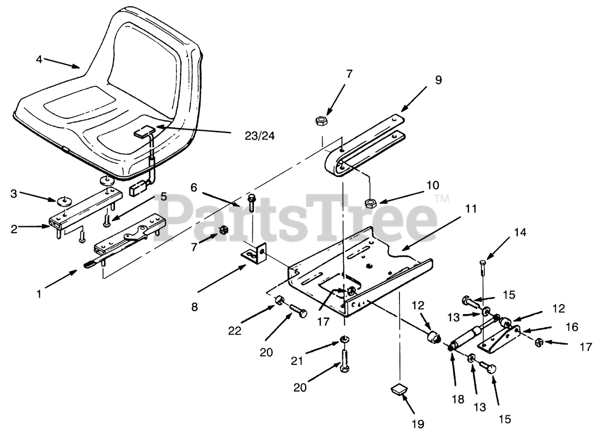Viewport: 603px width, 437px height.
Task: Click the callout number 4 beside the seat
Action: pyautogui.click(x=39, y=59)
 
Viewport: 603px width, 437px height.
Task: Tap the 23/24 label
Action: pyautogui.click(x=259, y=136)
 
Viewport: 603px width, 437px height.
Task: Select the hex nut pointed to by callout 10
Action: pyautogui.click(x=370, y=203)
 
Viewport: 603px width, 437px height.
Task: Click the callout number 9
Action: pyautogui.click(x=438, y=80)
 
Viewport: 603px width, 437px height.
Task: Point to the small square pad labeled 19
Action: pyautogui.click(x=399, y=390)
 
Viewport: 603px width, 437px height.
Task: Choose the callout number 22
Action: pyautogui.click(x=235, y=331)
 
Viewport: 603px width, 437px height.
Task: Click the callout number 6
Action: pyautogui.click(x=194, y=187)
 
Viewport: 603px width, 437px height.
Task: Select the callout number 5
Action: pyautogui.click(x=163, y=196)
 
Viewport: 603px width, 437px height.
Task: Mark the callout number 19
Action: pyautogui.click(x=417, y=424)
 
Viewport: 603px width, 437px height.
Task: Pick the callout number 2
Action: pyautogui.click(x=14, y=229)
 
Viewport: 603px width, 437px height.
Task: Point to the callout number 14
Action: pyautogui.click(x=520, y=232)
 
